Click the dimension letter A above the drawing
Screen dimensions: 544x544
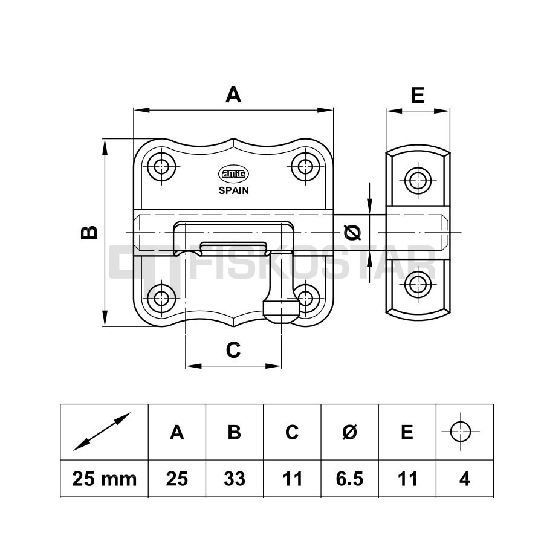pyautogui.click(x=233, y=94)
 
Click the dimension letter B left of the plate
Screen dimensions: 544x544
pyautogui.click(x=89, y=233)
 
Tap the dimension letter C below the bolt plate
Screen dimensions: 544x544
pyautogui.click(x=233, y=350)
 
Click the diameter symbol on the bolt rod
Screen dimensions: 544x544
pyautogui.click(x=353, y=233)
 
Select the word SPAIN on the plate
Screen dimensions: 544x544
pyautogui.click(x=233, y=190)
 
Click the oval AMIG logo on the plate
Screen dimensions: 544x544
pyautogui.click(x=233, y=174)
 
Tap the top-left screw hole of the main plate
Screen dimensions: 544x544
pyautogui.click(x=161, y=167)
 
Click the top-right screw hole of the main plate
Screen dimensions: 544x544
pyautogui.click(x=305, y=167)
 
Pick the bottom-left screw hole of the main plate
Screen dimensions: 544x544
pyautogui.click(x=161, y=297)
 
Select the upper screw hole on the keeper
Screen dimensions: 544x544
pyautogui.click(x=418, y=180)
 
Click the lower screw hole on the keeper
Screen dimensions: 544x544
pyautogui.click(x=418, y=285)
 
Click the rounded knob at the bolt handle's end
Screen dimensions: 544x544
pyautogui.click(x=281, y=311)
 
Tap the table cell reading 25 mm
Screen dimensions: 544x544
pyautogui.click(x=104, y=479)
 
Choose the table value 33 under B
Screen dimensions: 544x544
pyautogui.click(x=235, y=479)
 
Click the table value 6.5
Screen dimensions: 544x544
pyautogui.click(x=350, y=479)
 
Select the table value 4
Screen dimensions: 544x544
pyautogui.click(x=465, y=479)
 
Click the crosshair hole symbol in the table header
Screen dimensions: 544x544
pyautogui.click(x=461, y=432)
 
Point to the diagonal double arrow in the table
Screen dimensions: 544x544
pyautogui.click(x=102, y=432)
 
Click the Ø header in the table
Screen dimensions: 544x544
pyautogui.click(x=350, y=432)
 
